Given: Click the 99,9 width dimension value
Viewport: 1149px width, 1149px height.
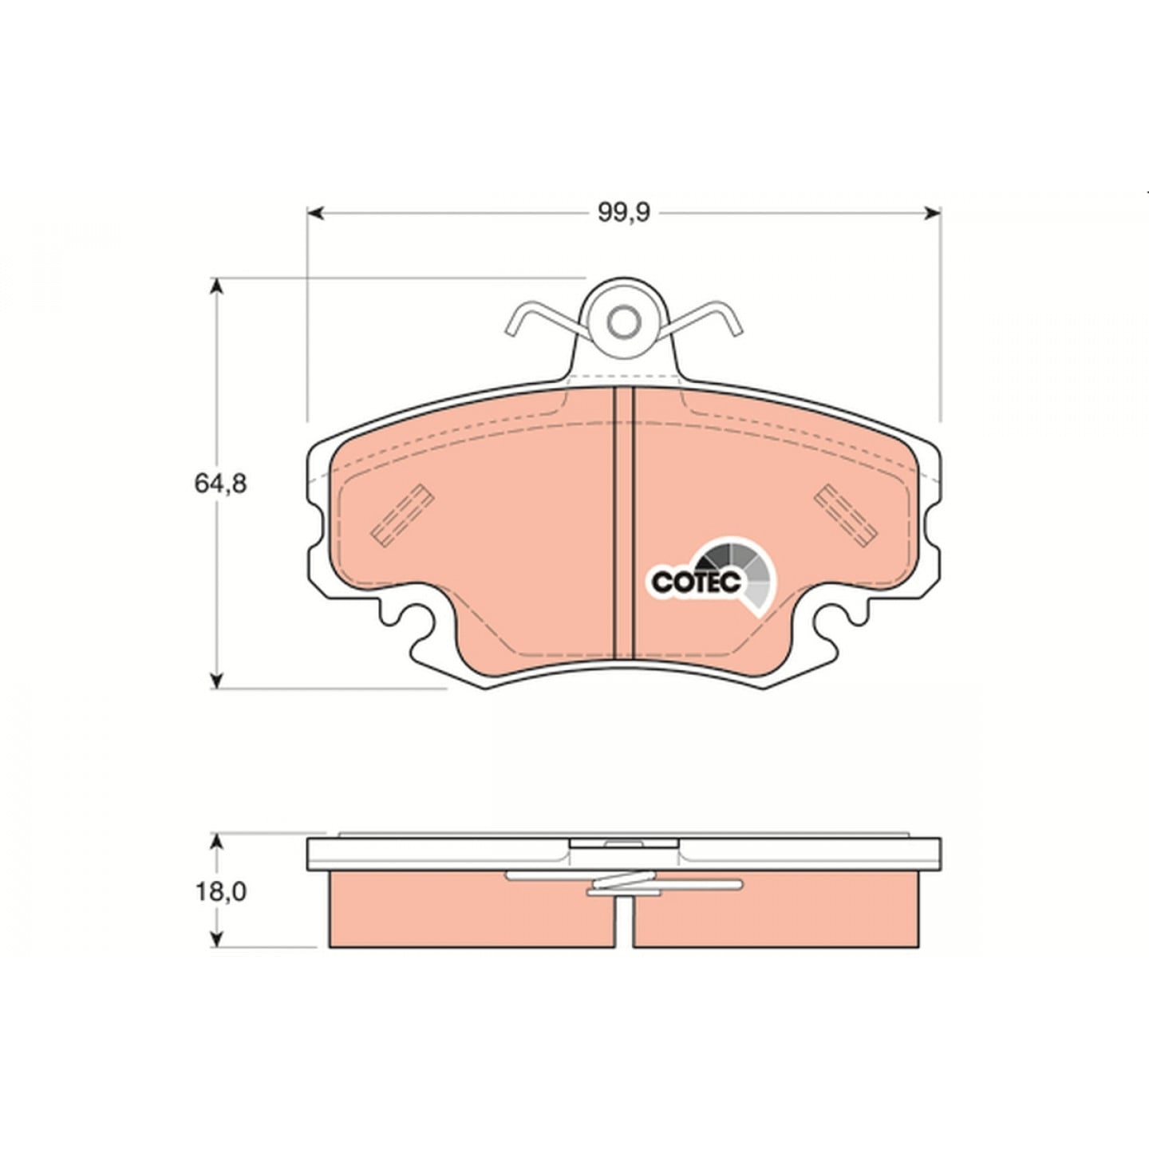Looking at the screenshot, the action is pyautogui.click(x=623, y=213).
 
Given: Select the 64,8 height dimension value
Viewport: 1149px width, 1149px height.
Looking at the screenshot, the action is pyautogui.click(x=220, y=484).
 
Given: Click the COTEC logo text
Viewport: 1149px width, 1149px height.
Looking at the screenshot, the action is pyautogui.click(x=696, y=582).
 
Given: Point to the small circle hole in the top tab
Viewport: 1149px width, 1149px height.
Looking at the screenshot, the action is pyautogui.click(x=623, y=322).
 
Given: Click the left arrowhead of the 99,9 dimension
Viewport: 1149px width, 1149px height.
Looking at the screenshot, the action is pyautogui.click(x=315, y=213).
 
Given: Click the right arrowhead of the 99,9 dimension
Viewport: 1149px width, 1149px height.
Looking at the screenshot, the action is pyautogui.click(x=933, y=213).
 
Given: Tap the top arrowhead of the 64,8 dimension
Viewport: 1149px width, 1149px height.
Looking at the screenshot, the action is pyautogui.click(x=217, y=286).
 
